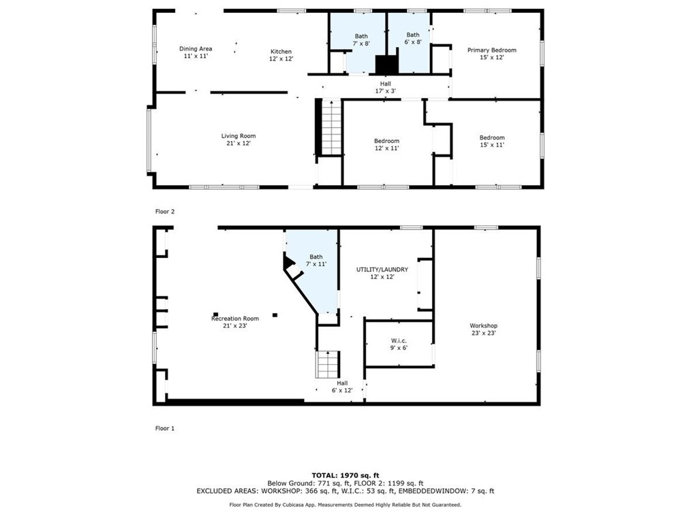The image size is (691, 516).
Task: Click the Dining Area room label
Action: click(x=196, y=52)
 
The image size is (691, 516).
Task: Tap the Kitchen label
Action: click(x=281, y=55)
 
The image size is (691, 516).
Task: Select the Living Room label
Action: click(x=239, y=140)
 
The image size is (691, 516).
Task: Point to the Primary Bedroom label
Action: click(x=492, y=54)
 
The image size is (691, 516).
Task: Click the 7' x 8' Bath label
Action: click(x=361, y=40)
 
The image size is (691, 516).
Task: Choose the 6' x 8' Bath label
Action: click(x=413, y=38)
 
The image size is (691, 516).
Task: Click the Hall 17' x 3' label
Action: click(x=386, y=87)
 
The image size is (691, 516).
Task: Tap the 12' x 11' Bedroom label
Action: click(x=387, y=144)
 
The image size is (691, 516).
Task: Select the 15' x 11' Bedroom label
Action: click(x=492, y=141)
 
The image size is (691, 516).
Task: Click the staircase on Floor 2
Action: click(x=332, y=127)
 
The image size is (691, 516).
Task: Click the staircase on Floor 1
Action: click(x=328, y=365)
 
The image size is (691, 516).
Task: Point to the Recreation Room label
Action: click(x=235, y=322)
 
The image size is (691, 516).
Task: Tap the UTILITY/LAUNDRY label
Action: click(x=382, y=273)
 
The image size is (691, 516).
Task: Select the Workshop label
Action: click(x=483, y=329)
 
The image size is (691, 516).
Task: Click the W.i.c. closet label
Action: click(x=399, y=344)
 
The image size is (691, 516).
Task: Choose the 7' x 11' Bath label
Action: click(x=316, y=260)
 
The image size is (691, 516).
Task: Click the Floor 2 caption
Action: click(x=165, y=211)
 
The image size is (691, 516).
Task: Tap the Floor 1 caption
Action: click(x=165, y=428)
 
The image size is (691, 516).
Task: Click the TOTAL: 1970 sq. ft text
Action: click(x=345, y=475)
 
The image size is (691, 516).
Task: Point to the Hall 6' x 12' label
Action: click(x=342, y=387)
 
